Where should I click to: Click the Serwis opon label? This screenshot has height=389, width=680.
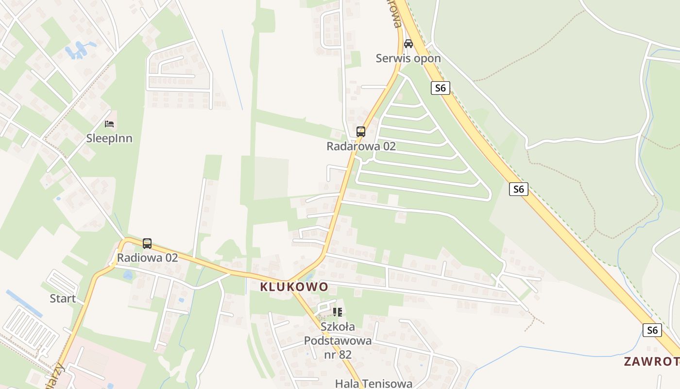coord(408,58)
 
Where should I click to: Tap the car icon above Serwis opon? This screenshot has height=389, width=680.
coord(408,44)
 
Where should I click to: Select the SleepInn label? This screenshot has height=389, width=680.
coord(109,138)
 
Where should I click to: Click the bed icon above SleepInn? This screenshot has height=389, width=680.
coord(109,124)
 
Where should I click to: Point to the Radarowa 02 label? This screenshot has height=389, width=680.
coord(361,146)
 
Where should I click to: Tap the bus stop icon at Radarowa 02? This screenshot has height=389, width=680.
coord(361,131)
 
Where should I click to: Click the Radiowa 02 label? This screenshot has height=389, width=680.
coord(147,258)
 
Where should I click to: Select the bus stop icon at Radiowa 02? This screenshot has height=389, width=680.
coord(147,243)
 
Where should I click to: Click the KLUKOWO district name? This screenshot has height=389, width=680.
coord(294,287)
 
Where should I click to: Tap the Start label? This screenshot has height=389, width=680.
coord(63,298)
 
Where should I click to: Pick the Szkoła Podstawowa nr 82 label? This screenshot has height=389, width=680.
coord(338,340)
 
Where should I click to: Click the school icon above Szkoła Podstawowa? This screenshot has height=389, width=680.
coord(338,312)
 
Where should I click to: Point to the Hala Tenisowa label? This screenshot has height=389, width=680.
coord(374,384)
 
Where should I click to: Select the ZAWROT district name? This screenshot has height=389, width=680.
coord(651,361)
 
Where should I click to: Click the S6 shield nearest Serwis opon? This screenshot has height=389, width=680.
coord(440,88)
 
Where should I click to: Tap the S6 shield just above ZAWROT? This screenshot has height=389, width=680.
coord(652,330)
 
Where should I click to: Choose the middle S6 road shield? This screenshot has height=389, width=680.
coord(519,189)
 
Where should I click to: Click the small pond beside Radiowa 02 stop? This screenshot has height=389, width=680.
coord(128,275)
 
